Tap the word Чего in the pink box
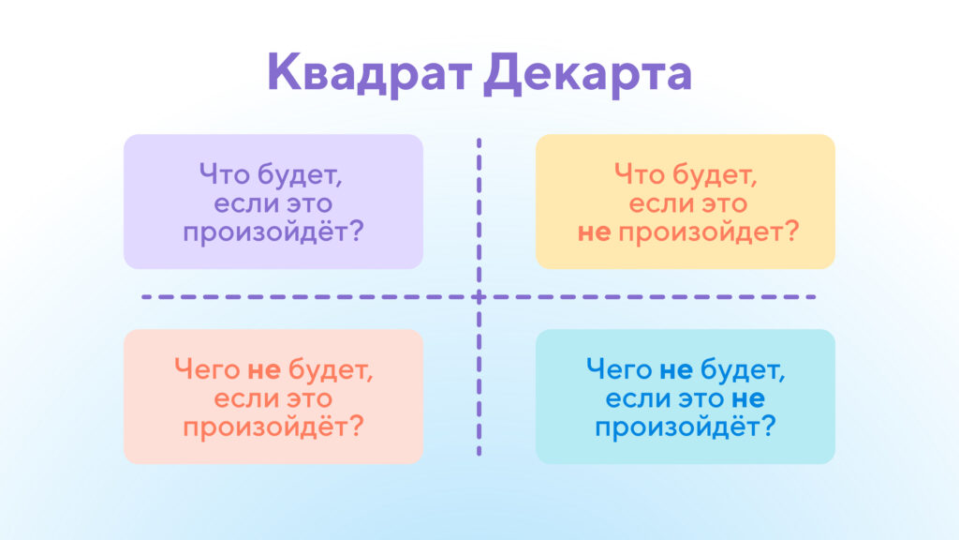[208, 368]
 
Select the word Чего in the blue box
[620, 368]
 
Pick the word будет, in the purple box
[299, 174]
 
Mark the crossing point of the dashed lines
[479, 297]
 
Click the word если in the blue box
[634, 397]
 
